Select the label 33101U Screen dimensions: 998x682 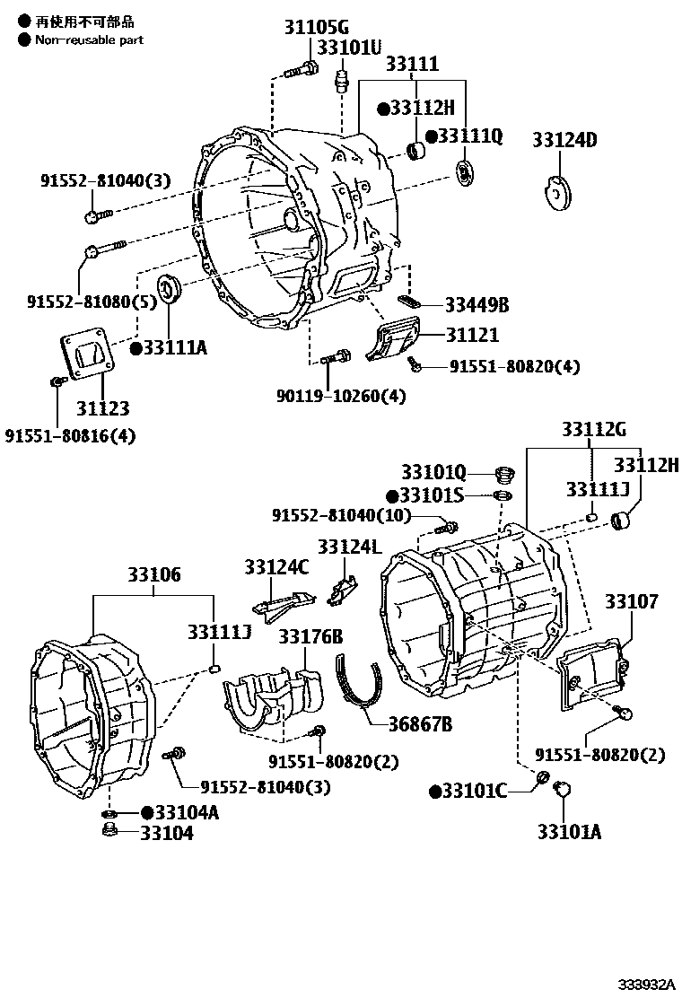[x=351, y=46]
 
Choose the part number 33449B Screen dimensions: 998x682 [x=477, y=305]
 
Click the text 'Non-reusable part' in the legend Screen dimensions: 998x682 [x=89, y=39]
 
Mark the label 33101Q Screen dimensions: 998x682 [x=433, y=472]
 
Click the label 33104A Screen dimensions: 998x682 [x=186, y=812]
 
